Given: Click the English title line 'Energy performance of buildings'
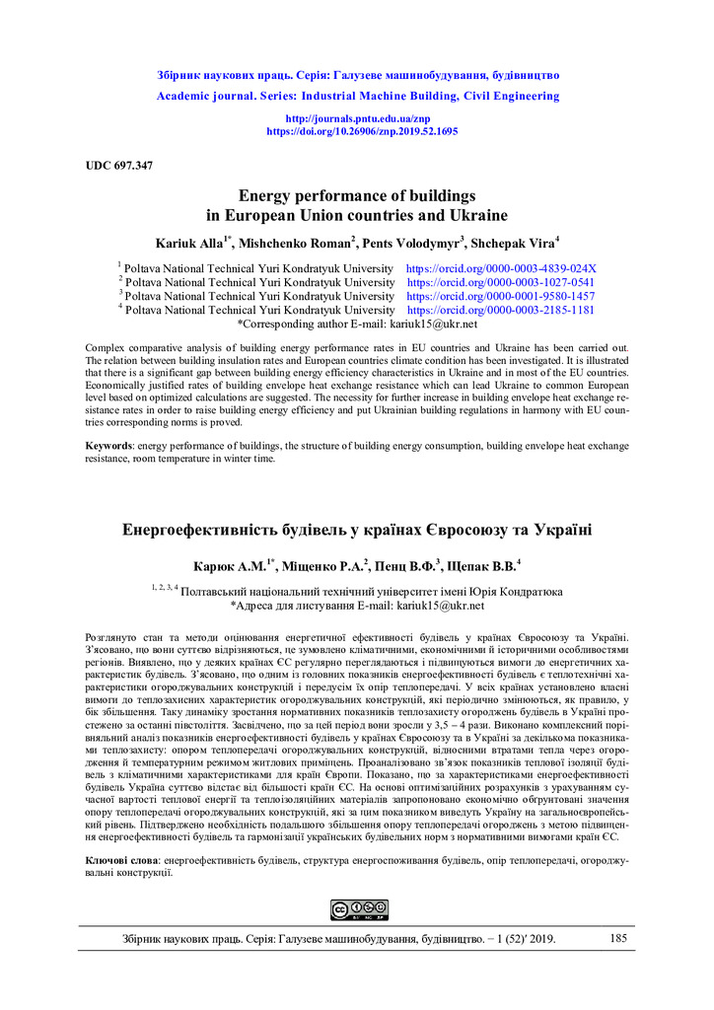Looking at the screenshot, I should click(x=357, y=195).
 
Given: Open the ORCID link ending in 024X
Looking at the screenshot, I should click(x=501, y=268).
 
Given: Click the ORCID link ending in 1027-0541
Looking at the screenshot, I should click(x=501, y=282).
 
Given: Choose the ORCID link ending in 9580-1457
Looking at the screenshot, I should click(x=501, y=296).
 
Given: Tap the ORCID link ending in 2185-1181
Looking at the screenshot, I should click(x=501, y=310).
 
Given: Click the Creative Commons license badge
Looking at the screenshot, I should click(x=358, y=909).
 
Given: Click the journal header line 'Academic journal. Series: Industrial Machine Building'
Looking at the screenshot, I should click(x=357, y=97).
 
